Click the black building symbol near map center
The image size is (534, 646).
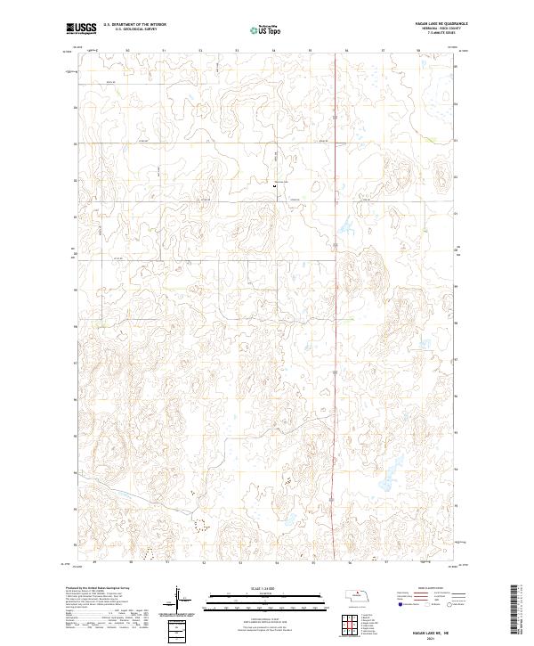(275, 185)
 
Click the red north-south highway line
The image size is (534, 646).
(334, 356)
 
